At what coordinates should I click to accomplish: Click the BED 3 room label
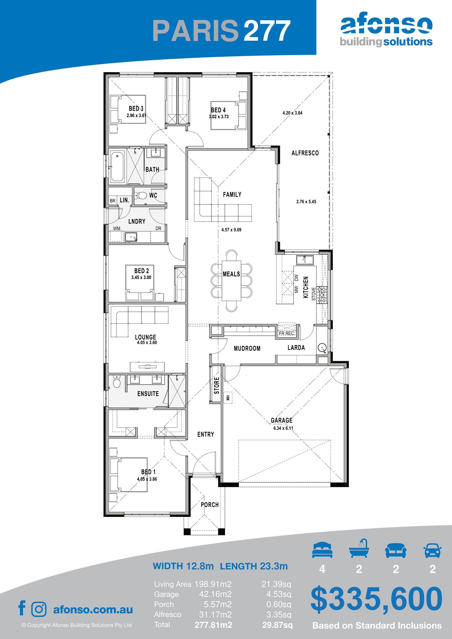pyautogui.click(x=136, y=108)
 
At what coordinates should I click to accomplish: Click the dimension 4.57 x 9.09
pyautogui.click(x=231, y=229)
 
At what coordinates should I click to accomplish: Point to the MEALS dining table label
pyautogui.click(x=231, y=274)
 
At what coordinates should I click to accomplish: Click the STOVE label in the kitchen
pyautogui.click(x=314, y=294)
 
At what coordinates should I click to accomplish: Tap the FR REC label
pyautogui.click(x=286, y=333)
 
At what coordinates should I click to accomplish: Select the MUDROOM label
pyautogui.click(x=247, y=348)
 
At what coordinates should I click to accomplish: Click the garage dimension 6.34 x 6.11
pyautogui.click(x=283, y=428)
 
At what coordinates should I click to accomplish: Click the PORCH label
pyautogui.click(x=210, y=505)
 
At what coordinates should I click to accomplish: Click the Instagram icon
pyautogui.click(x=39, y=609)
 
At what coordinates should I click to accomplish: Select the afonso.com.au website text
pyautogui.click(x=93, y=609)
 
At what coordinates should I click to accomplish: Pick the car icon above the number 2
pyautogui.click(x=432, y=550)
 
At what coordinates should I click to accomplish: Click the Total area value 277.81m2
pyautogui.click(x=213, y=625)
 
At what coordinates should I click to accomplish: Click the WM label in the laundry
pyautogui.click(x=117, y=228)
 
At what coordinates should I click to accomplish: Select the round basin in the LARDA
pyautogui.click(x=322, y=348)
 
